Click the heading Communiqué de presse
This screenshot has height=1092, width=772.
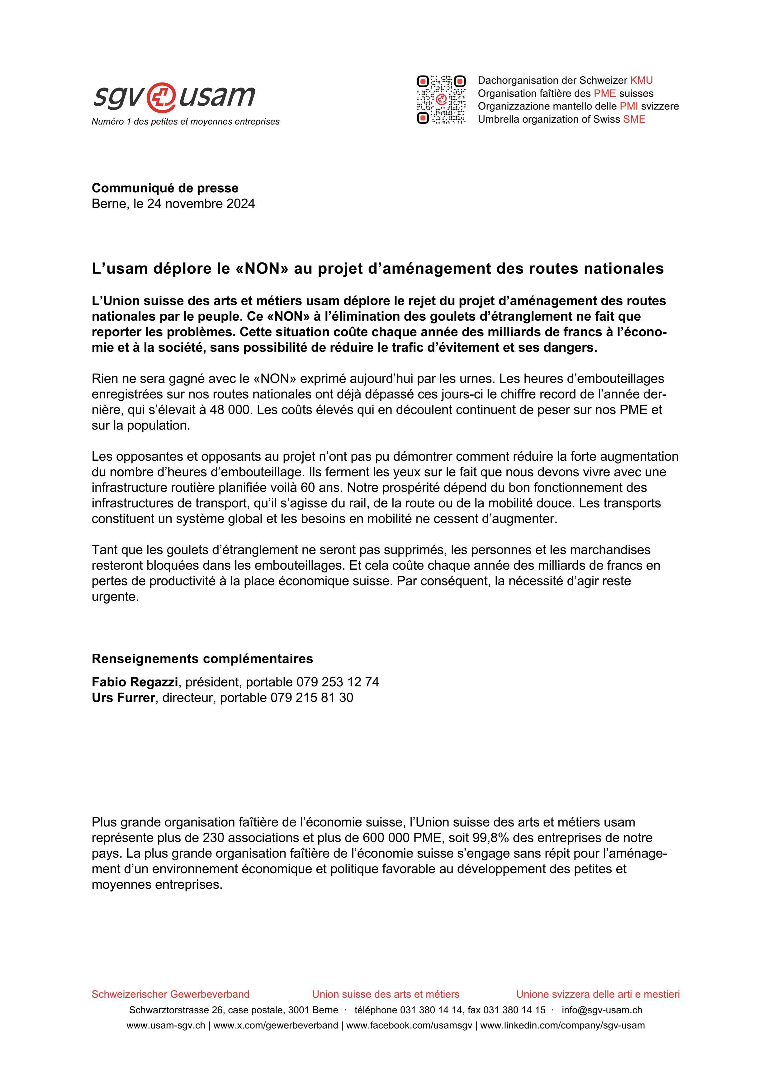(x=165, y=188)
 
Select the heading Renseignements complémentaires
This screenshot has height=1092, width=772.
(x=202, y=659)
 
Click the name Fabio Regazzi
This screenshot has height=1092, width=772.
(x=135, y=682)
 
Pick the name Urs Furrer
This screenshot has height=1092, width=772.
(x=123, y=698)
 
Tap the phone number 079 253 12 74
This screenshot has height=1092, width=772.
(x=338, y=682)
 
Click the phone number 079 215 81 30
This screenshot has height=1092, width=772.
(x=312, y=698)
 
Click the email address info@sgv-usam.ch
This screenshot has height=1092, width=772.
(x=602, y=1010)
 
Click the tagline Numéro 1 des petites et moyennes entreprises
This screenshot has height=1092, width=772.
(x=186, y=122)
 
